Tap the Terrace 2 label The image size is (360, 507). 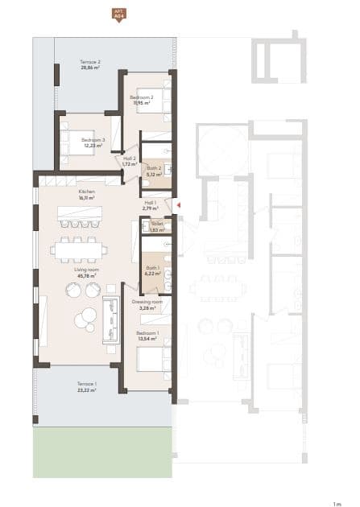click(90, 62)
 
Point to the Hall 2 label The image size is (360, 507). click(129, 159)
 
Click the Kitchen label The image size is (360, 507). click(87, 192)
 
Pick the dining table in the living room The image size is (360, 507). click(79, 250)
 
